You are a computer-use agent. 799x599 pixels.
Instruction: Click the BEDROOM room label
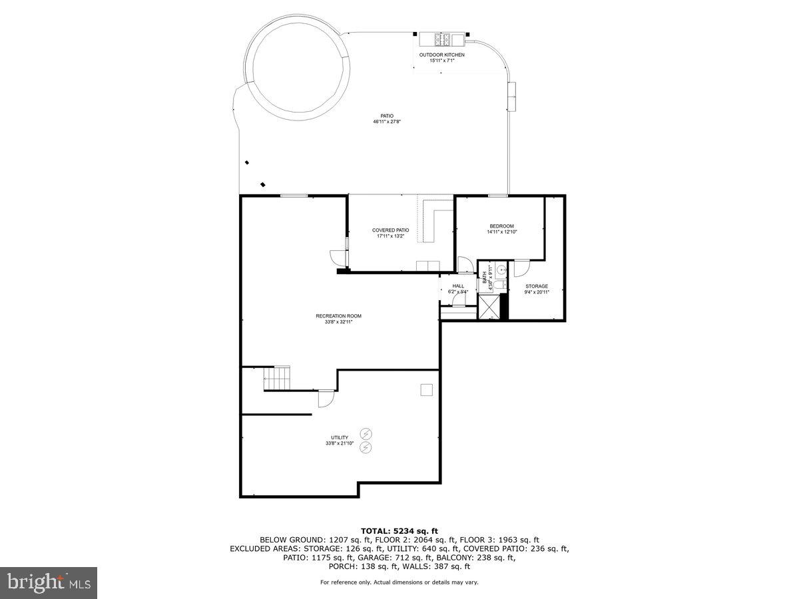(501, 226)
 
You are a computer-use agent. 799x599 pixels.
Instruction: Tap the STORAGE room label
(536, 286)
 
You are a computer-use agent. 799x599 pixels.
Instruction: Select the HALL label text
(458, 286)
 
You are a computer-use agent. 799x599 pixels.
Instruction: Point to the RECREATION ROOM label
(338, 315)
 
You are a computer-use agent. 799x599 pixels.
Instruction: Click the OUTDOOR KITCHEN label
(441, 55)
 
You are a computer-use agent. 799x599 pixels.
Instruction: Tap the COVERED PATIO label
(390, 230)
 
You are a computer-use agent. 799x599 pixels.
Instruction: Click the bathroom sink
(502, 270)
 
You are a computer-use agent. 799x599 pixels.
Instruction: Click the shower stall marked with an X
(489, 307)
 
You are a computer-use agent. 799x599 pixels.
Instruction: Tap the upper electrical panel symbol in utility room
(366, 434)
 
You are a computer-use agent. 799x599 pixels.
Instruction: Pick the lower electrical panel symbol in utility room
(366, 448)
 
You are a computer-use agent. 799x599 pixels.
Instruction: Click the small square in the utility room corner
(426, 391)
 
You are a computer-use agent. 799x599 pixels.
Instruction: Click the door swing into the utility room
(326, 398)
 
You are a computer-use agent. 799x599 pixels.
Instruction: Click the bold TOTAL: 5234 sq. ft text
(400, 530)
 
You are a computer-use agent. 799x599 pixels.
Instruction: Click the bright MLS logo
(49, 583)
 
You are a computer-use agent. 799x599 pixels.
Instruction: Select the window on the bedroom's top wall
(497, 196)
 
